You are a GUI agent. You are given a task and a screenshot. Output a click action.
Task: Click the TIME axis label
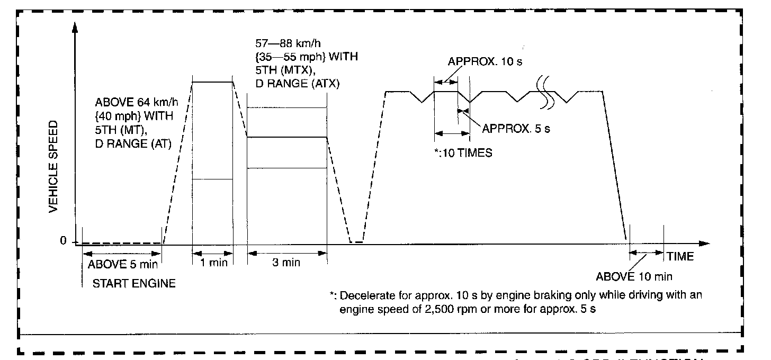click(680, 257)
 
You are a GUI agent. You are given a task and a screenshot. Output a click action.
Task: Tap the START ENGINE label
click(134, 284)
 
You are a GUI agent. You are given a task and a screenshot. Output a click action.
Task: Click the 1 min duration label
click(213, 263)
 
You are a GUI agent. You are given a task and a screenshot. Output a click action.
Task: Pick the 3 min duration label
click(286, 263)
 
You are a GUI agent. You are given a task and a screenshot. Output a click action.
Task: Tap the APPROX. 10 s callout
click(485, 61)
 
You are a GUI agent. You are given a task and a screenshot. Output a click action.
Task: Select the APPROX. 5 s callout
click(516, 129)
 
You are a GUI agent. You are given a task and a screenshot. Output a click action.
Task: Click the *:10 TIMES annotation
click(463, 154)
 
